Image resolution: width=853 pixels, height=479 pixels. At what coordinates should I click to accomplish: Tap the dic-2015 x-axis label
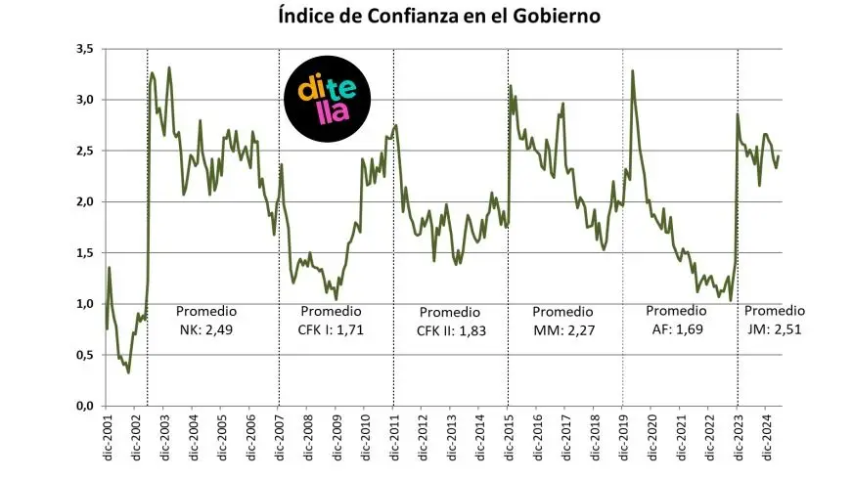pos(509,439)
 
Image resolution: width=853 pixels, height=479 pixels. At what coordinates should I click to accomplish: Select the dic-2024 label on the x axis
pos(768,439)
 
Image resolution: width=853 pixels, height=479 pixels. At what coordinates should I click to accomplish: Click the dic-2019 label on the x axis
pos(624,439)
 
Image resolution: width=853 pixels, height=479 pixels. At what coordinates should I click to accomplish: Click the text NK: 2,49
pos(206,329)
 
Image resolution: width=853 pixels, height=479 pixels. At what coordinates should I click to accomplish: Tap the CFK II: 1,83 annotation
pos(451,330)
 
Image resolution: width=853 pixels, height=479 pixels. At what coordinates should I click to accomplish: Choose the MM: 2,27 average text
pos(564,329)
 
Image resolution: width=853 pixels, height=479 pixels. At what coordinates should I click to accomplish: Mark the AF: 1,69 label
pos(676,329)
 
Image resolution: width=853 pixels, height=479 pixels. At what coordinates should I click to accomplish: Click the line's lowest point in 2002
pos(128,372)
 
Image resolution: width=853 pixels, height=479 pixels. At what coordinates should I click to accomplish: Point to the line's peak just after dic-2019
pos(633,71)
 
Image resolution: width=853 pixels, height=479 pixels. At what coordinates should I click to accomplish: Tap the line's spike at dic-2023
pos(738,115)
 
